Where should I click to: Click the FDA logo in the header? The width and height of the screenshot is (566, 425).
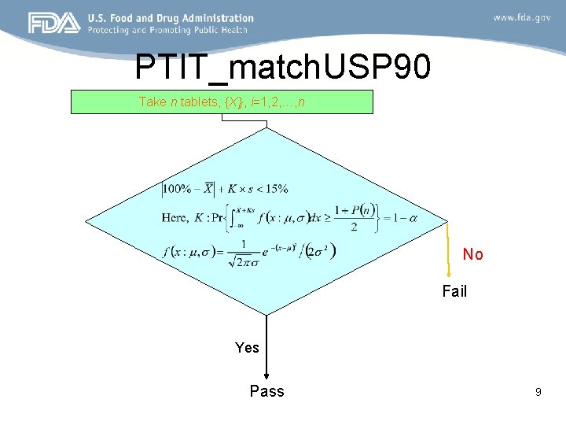(54, 23)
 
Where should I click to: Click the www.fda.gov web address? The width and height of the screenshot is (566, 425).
(522, 17)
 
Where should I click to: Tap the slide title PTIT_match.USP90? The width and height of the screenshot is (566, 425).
(282, 68)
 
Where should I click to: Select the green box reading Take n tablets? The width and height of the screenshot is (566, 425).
(222, 102)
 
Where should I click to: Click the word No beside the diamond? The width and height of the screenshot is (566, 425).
(472, 254)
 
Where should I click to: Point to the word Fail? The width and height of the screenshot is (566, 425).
(454, 291)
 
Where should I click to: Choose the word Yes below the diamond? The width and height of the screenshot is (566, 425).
(247, 347)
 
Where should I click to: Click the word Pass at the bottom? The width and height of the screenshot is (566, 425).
(266, 391)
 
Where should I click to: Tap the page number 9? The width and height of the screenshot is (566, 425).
(538, 390)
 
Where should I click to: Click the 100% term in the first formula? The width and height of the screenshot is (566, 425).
(178, 189)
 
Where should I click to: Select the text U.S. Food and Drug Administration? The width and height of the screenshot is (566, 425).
(171, 18)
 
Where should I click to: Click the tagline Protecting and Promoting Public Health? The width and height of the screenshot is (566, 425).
(167, 30)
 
